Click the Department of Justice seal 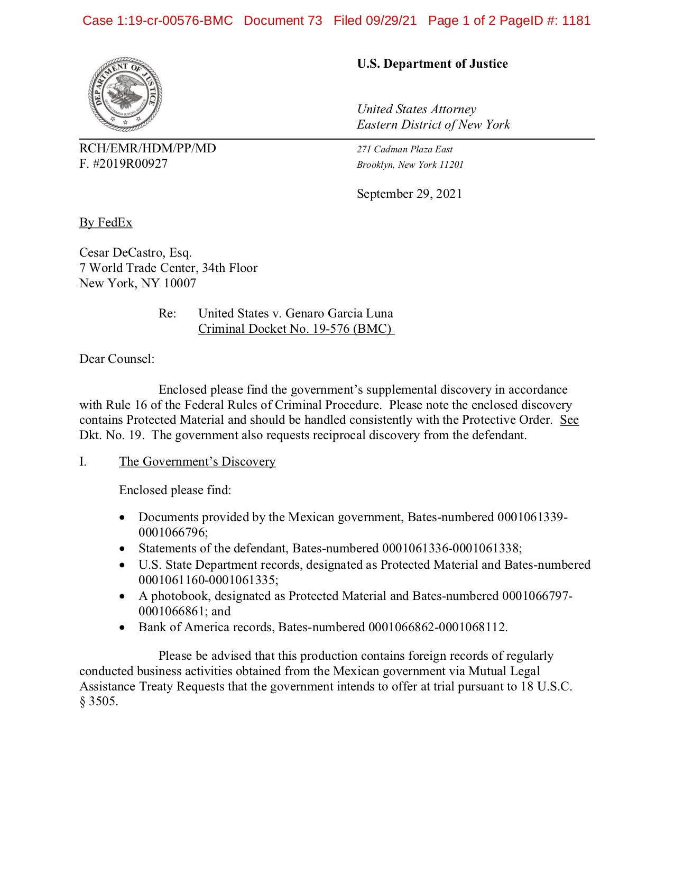click(x=125, y=94)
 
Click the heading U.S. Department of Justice click(x=432, y=64)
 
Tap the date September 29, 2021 click(x=409, y=194)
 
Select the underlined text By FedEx click(x=106, y=223)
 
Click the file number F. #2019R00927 click(x=123, y=164)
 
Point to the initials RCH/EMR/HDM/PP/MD click(x=147, y=149)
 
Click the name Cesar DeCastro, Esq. click(x=135, y=253)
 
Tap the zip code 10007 click(x=180, y=284)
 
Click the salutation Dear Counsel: click(x=117, y=359)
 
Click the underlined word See click(x=569, y=420)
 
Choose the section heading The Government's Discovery click(x=197, y=462)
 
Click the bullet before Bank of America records click(x=123, y=628)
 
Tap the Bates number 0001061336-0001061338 click(x=451, y=549)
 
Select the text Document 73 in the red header click(x=283, y=21)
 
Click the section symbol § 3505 click(x=98, y=702)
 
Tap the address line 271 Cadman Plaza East click(x=404, y=150)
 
